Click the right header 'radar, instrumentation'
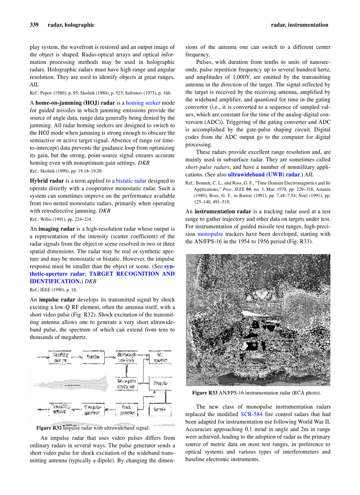(300, 25)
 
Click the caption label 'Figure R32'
(49, 428)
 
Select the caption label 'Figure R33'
(205, 393)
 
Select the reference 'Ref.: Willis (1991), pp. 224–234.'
(61, 219)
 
